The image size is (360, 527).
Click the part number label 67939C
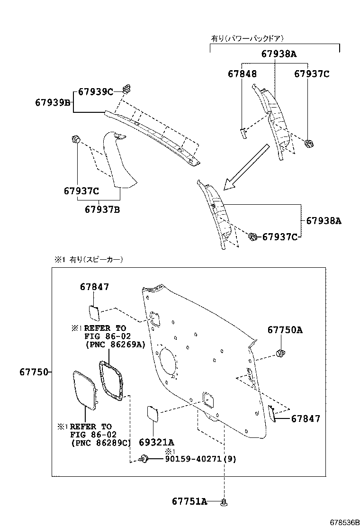(x=95, y=92)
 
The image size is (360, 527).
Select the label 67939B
(x=53, y=102)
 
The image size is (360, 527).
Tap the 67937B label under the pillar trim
(x=102, y=209)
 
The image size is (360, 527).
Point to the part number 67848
(x=242, y=74)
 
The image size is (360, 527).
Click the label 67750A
(x=284, y=330)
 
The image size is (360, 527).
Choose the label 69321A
(x=156, y=442)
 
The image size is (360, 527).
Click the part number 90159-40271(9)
(x=200, y=459)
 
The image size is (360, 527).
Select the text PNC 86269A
(x=116, y=344)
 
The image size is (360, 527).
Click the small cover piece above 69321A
(x=153, y=413)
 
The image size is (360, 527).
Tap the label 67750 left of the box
(x=34, y=372)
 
